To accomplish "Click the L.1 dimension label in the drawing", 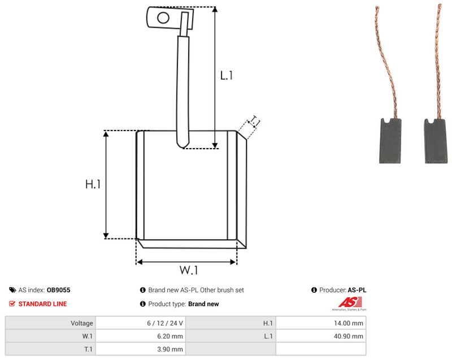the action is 227,76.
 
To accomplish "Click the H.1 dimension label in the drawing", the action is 93,184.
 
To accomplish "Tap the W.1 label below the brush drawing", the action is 189,270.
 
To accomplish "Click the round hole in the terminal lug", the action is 163,18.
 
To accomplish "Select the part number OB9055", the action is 59,290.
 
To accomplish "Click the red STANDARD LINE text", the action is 43,304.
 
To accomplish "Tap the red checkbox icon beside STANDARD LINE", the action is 12,304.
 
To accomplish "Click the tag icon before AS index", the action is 12,290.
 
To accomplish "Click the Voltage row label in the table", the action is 82,323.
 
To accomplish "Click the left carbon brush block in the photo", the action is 390,141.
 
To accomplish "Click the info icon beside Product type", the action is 143,304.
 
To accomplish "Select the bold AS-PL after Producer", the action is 357,290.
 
